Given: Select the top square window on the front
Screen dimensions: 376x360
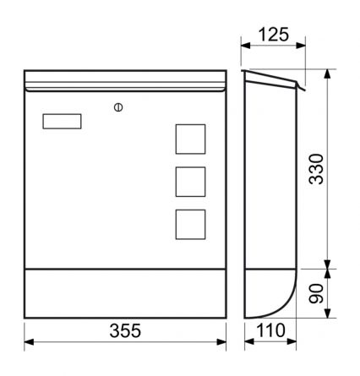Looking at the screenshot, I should click(x=190, y=139).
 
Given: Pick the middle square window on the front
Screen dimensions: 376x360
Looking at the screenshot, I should click(x=190, y=182).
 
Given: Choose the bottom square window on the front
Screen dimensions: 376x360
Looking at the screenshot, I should click(x=190, y=223).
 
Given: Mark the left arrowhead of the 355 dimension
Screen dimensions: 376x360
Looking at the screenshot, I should click(x=28, y=343).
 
